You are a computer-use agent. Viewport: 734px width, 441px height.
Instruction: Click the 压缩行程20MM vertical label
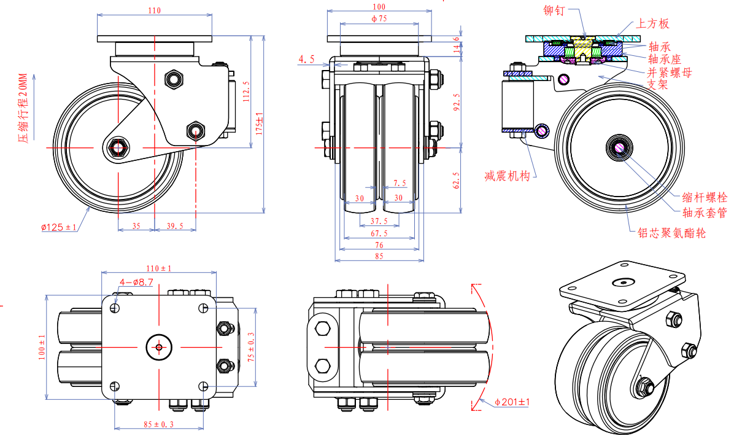[x=23, y=108]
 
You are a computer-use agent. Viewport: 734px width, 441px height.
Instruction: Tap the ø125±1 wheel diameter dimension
[x=59, y=227]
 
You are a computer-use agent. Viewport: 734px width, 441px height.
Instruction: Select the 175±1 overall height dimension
[x=260, y=123]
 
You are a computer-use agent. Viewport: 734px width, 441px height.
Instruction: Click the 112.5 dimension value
[x=246, y=92]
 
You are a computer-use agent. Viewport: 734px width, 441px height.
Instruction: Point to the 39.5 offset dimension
[x=175, y=226]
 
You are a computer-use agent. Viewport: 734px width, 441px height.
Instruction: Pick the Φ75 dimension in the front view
[x=379, y=19]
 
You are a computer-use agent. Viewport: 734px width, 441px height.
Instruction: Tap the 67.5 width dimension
[x=379, y=233]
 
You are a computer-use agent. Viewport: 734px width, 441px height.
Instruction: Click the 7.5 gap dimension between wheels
[x=400, y=183]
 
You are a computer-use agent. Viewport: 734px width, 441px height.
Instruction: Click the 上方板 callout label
[x=652, y=24]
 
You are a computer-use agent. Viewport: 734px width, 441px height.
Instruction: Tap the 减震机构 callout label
[x=507, y=176]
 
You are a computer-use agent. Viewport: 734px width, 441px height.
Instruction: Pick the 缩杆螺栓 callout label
[x=705, y=198]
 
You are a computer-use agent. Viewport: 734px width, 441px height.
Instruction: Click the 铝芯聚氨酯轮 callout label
[x=671, y=233]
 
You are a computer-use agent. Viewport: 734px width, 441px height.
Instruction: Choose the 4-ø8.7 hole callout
[x=136, y=282]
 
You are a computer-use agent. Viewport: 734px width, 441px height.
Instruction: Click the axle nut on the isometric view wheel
[x=645, y=386]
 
